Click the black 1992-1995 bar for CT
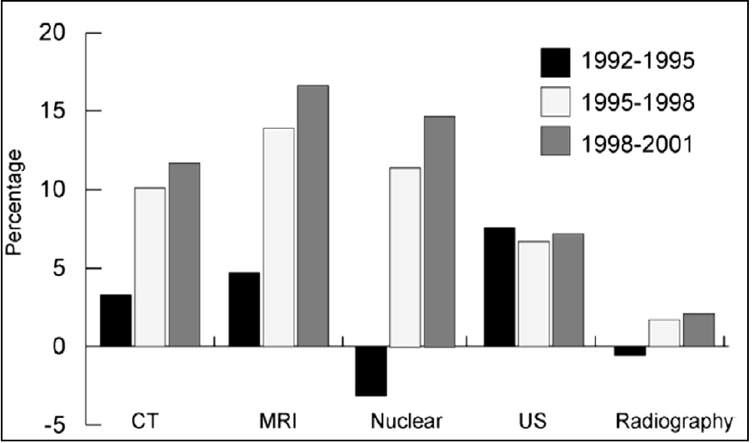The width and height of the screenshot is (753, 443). [x=116, y=320]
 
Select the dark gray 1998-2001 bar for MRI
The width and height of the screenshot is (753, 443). [x=313, y=216]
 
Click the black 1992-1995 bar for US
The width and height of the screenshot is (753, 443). [x=500, y=287]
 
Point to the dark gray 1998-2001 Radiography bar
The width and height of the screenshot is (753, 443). [x=698, y=330]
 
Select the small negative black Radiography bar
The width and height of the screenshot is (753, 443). [x=631, y=351]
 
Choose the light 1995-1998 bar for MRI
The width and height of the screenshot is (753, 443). [x=278, y=237]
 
